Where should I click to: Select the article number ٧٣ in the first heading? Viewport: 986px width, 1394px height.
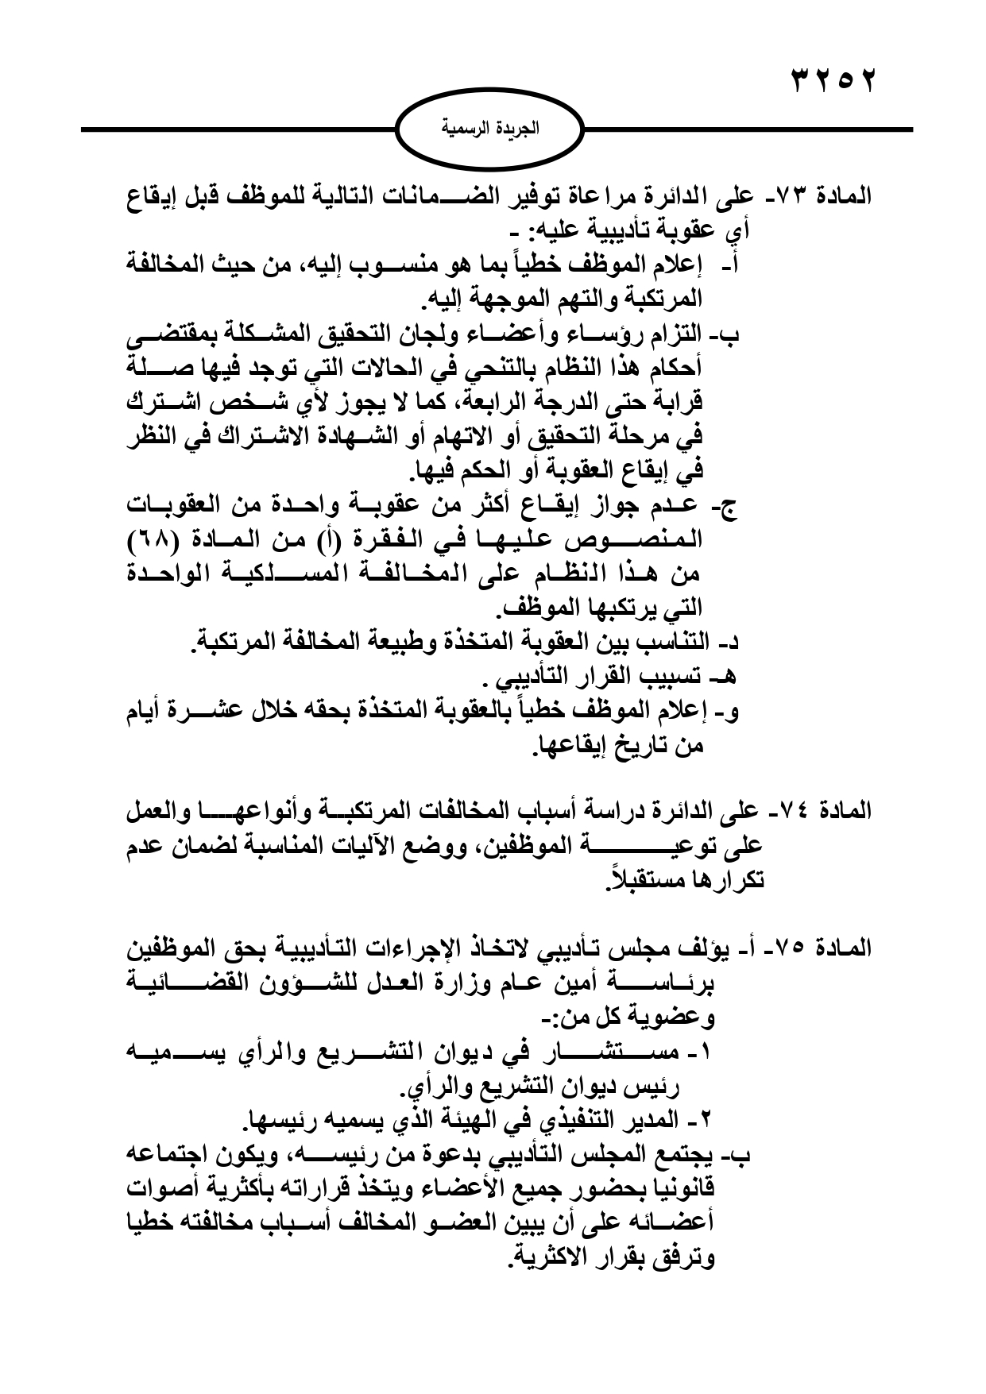(x=795, y=196)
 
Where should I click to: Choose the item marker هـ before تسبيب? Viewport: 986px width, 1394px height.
(x=727, y=678)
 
